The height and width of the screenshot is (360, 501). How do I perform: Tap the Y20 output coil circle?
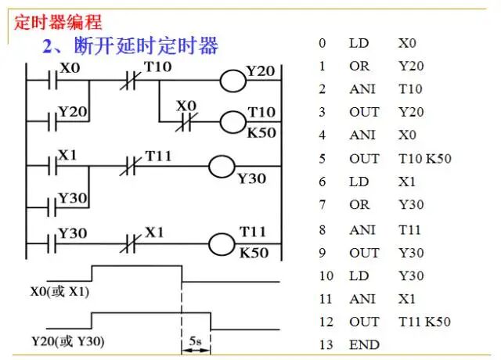tap(231, 81)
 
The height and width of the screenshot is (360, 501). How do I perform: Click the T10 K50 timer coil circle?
tap(231, 121)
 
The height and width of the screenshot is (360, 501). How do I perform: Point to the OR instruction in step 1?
tap(359, 67)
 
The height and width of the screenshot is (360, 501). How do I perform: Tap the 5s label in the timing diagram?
tap(196, 342)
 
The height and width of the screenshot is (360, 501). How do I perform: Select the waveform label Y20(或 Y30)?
tap(68, 342)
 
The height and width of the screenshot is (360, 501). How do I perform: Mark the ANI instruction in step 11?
tap(362, 299)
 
